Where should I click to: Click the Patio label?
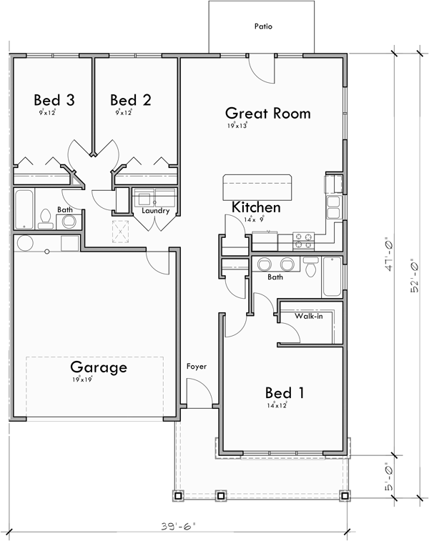pos(263,26)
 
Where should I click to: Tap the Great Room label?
pos(267,113)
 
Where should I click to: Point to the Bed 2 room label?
pos(130,99)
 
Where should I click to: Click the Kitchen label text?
pos(255,207)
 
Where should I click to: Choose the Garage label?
pos(98,367)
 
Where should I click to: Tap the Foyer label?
pos(196,367)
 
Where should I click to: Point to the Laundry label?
pos(155,211)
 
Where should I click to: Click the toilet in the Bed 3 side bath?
pos(46,219)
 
